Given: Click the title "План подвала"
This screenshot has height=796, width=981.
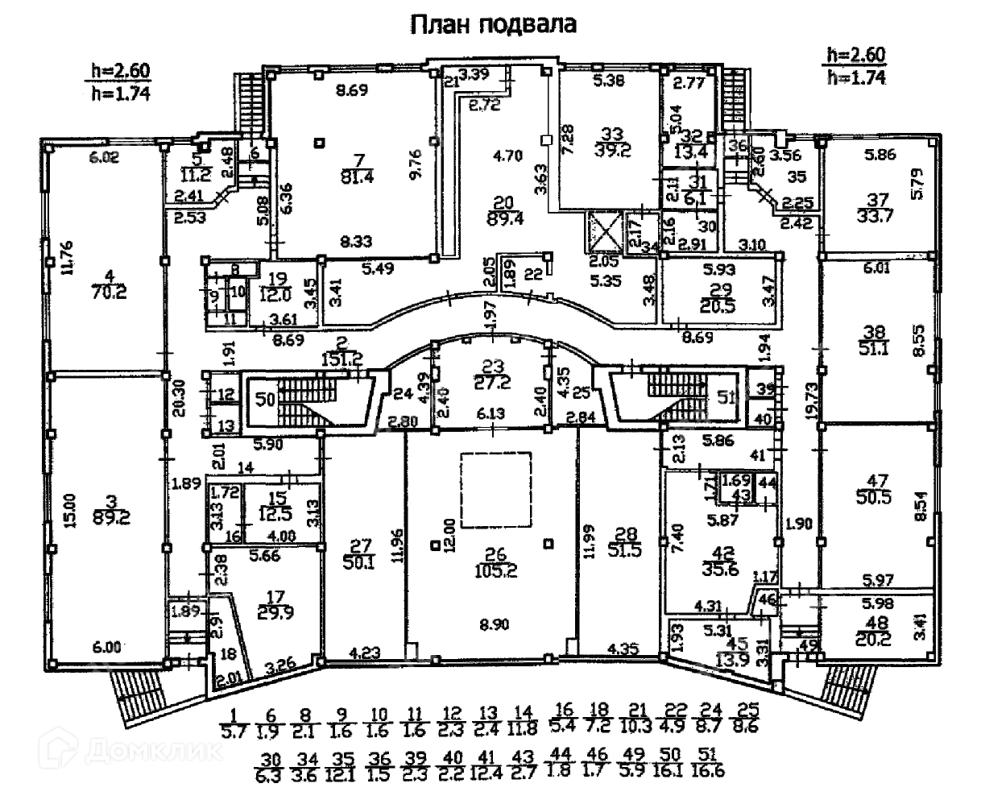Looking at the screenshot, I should [494, 25].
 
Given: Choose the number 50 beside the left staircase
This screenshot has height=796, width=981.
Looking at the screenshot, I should [265, 399].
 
